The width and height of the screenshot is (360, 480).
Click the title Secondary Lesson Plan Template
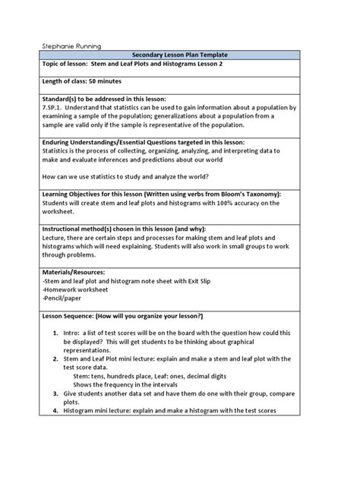[x=180, y=55]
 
